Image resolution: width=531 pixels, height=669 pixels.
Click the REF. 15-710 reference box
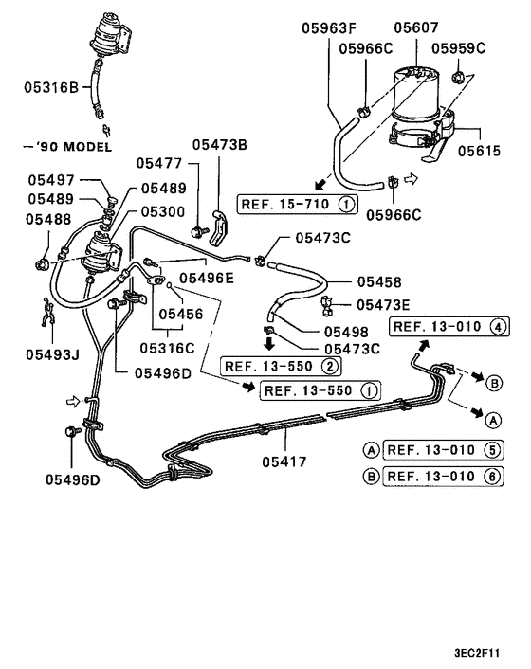pyautogui.click(x=298, y=203)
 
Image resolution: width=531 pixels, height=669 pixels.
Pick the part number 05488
pyautogui.click(x=49, y=219)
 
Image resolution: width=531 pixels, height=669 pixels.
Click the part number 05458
pyautogui.click(x=379, y=281)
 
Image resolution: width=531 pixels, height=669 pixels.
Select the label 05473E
pyautogui.click(x=383, y=304)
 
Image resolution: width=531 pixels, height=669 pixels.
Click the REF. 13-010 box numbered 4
pyautogui.click(x=449, y=327)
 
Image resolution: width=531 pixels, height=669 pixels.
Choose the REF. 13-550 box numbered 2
pyautogui.click(x=279, y=366)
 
